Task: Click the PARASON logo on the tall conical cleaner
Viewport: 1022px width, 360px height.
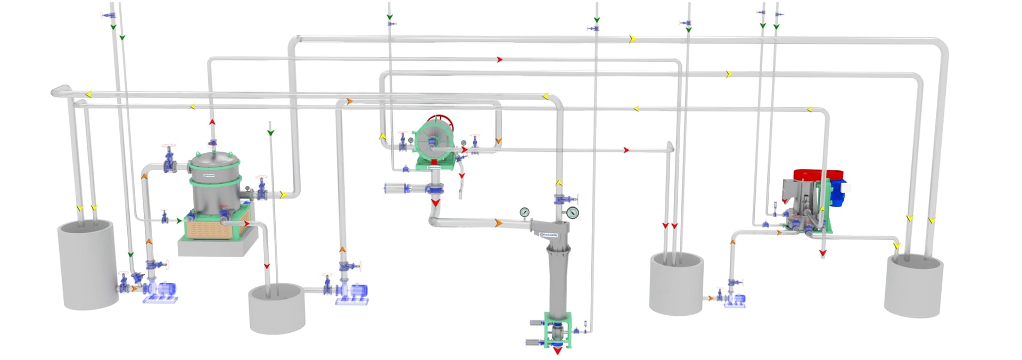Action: (x=549, y=234)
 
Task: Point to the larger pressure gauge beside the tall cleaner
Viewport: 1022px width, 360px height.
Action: (x=573, y=213)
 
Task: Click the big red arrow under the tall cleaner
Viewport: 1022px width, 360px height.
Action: (x=557, y=350)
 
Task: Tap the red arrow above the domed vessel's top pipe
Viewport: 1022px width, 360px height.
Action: (x=212, y=122)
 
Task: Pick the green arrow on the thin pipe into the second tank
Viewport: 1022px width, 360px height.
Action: (x=270, y=132)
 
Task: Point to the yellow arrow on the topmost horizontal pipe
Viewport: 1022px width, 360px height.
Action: (x=632, y=39)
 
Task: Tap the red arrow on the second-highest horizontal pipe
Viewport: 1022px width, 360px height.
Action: (x=499, y=60)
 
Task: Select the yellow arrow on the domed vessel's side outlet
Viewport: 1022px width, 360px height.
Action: (x=283, y=195)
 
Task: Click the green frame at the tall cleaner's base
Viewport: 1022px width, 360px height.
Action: (x=557, y=330)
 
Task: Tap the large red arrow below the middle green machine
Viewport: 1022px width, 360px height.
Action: (x=435, y=202)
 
